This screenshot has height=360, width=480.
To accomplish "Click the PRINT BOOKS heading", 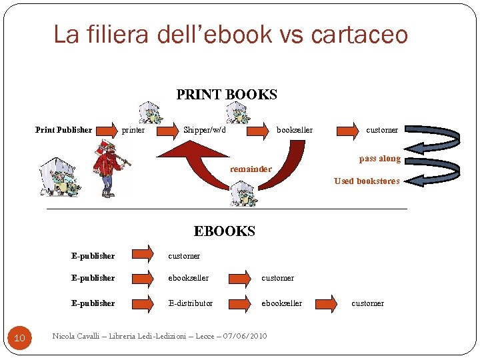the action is click(x=227, y=95).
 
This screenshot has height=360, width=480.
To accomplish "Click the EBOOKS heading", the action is click(x=225, y=231).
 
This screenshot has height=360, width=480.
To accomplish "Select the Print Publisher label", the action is click(x=63, y=130).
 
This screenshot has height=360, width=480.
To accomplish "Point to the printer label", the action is click(x=133, y=130).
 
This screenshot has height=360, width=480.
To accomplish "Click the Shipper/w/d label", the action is click(x=205, y=130).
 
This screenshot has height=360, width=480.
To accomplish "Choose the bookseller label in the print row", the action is click(x=295, y=130).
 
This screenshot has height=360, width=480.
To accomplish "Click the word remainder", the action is click(x=251, y=169).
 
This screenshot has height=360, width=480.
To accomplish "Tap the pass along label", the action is click(x=380, y=159).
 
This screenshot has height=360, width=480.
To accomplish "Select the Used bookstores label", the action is click(x=367, y=181).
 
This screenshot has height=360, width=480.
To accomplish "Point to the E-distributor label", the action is click(x=191, y=303).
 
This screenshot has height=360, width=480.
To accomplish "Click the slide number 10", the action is click(x=19, y=339).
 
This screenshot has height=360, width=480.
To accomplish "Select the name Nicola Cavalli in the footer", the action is click(x=75, y=336).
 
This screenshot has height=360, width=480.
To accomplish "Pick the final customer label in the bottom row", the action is click(x=367, y=303).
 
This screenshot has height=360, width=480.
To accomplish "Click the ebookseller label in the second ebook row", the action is click(x=189, y=278).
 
